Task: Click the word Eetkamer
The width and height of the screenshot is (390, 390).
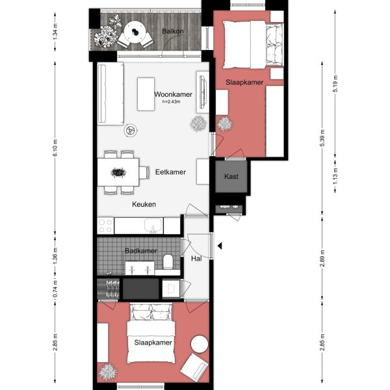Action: pyautogui.click(x=171, y=172)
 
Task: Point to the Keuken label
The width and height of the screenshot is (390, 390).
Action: pyautogui.click(x=144, y=204)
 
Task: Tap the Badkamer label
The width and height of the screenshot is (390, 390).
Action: pyautogui.click(x=140, y=251)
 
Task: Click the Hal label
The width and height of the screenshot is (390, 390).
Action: pyautogui.click(x=196, y=259)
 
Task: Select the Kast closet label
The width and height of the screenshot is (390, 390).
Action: pyautogui.click(x=231, y=177)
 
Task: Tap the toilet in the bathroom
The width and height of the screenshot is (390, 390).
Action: pyautogui.click(x=168, y=262)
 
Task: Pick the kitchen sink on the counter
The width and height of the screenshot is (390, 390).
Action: pyautogui.click(x=153, y=226)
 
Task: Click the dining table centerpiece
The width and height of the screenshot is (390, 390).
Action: pyautogui.click(x=118, y=172)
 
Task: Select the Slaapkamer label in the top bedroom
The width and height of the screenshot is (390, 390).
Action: pyautogui.click(x=244, y=83)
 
